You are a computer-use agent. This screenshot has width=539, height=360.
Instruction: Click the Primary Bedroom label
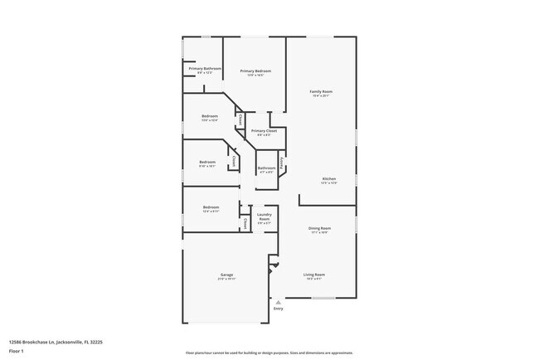[257, 71]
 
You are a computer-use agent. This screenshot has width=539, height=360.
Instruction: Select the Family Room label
[321, 91]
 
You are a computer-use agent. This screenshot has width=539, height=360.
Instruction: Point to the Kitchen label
[329, 179]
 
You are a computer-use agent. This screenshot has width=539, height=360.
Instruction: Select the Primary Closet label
[264, 131]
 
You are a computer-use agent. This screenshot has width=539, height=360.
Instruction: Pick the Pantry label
[282, 163]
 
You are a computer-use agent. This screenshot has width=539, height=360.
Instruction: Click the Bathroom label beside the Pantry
[266, 168]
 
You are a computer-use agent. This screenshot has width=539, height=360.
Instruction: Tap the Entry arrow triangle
[278, 303]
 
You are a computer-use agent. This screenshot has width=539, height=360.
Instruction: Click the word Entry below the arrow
[278, 309]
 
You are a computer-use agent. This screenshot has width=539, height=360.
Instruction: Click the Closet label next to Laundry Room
[245, 223]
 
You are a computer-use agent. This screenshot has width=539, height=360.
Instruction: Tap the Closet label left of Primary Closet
[240, 120]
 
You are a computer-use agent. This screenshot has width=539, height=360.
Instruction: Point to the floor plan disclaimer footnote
[269, 353]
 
